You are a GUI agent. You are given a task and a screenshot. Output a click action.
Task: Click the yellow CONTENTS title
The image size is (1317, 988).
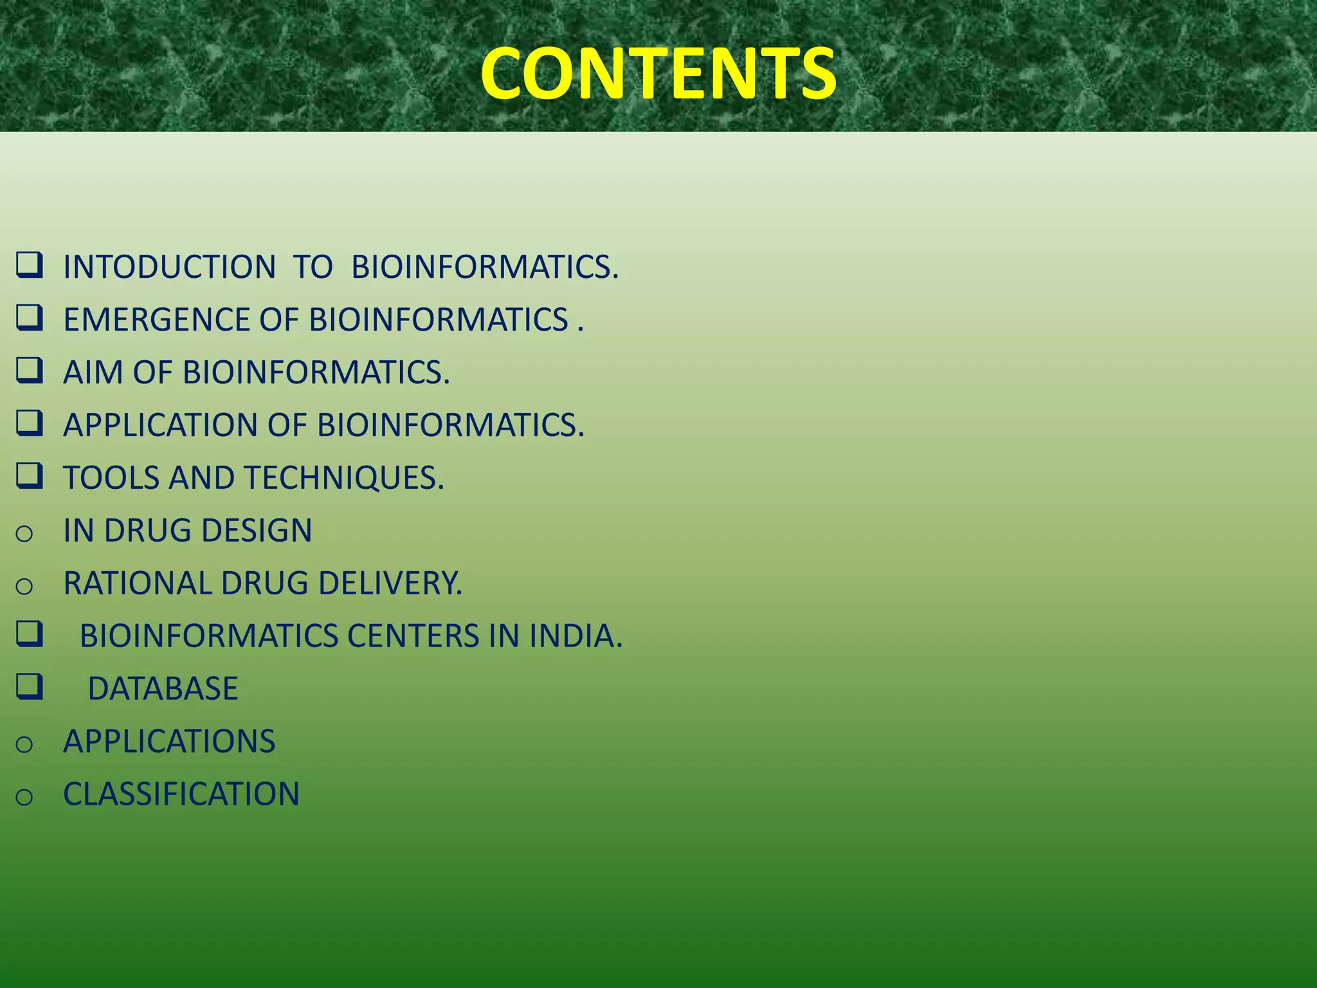pos(658,74)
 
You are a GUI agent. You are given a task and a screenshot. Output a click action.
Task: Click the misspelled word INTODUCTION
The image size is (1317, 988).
pos(169,267)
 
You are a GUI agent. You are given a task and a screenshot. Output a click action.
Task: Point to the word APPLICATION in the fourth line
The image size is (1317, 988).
pos(160,425)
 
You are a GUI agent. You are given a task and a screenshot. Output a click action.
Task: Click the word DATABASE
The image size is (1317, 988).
pos(163,689)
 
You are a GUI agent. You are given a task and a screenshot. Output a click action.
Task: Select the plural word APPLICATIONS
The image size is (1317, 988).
pos(169,742)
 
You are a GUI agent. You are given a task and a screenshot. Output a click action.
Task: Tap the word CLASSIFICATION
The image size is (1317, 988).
pos(181,794)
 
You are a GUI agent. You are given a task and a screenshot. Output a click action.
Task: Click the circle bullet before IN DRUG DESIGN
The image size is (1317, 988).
pos(24,533)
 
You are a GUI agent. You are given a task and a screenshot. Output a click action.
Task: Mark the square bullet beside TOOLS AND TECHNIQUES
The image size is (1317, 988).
pos(30,476)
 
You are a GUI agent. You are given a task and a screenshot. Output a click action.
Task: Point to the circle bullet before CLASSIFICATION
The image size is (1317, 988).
pos(24,797)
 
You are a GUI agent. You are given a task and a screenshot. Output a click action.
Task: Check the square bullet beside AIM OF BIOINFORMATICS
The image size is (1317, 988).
pos(30,370)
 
